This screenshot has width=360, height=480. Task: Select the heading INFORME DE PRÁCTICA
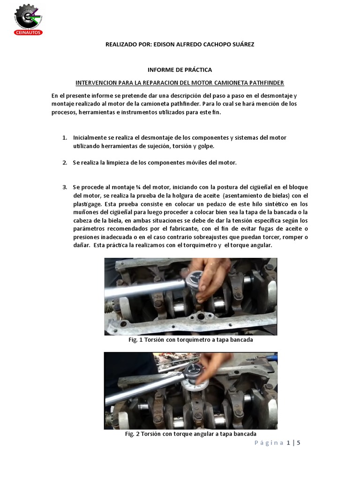click(180, 70)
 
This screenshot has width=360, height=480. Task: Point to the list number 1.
click(65, 138)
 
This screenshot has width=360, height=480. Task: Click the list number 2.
click(65, 163)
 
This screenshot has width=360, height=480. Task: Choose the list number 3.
click(65, 187)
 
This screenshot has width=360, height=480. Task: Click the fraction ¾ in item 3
click(138, 187)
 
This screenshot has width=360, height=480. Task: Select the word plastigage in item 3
click(87, 204)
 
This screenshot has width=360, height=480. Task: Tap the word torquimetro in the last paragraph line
click(200, 245)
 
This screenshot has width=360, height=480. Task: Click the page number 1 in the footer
click(289, 442)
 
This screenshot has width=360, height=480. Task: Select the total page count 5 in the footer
click(299, 442)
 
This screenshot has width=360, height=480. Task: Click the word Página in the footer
click(269, 443)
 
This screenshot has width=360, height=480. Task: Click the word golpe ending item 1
click(205, 147)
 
